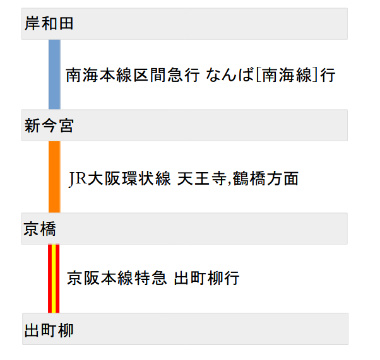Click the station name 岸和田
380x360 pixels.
point(49,24)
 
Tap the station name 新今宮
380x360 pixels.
point(49,126)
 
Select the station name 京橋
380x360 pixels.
point(40,229)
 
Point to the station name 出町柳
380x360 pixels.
point(49,330)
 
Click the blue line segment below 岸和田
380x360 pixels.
point(54,74)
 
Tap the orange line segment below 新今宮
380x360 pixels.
point(54,177)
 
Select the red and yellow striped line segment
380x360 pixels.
point(54,278)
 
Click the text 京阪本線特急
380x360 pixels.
point(117,278)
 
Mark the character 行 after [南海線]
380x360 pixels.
point(327,76)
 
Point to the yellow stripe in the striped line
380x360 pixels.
point(54,278)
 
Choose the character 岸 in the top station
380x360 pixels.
point(33,24)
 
